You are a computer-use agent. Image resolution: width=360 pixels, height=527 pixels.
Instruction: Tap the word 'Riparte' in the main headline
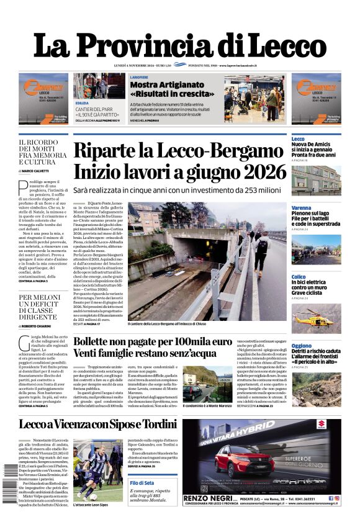point(110,151)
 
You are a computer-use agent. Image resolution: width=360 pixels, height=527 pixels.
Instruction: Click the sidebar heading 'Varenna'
point(302,208)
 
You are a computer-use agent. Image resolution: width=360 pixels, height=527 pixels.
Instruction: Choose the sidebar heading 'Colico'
point(299,277)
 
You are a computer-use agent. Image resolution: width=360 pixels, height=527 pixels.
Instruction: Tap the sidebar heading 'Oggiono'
point(302,346)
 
